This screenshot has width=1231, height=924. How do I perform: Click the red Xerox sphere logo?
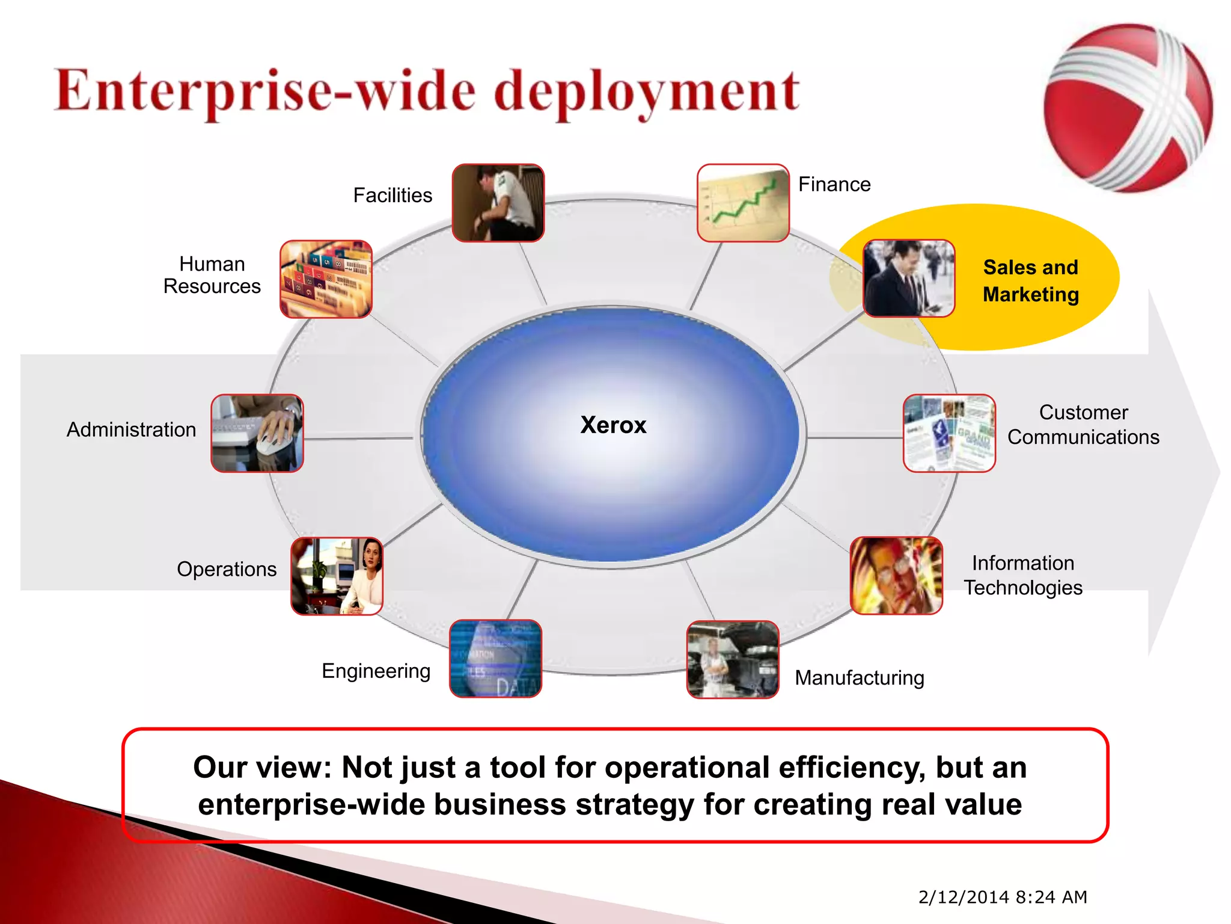[x=1128, y=108]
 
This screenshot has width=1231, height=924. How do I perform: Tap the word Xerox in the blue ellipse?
[x=613, y=425]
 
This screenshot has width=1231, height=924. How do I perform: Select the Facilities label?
[x=393, y=196]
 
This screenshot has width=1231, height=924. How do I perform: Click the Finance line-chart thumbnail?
[x=743, y=203]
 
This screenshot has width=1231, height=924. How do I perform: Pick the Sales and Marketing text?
[x=1030, y=281]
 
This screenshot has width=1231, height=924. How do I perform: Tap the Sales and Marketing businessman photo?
[x=908, y=278]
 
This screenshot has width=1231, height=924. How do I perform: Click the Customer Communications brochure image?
[x=949, y=433]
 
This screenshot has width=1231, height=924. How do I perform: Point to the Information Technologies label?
[x=1023, y=575]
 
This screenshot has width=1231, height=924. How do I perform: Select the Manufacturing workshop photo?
[x=733, y=659]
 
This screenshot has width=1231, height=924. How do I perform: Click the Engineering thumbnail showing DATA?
[x=496, y=659]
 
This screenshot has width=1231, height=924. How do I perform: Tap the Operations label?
[x=227, y=569]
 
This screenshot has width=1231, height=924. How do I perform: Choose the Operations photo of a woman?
[x=337, y=576]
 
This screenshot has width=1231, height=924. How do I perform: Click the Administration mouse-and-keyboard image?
[x=257, y=433]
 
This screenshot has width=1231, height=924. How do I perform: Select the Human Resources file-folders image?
[x=326, y=279]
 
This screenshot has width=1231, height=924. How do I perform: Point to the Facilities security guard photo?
[x=498, y=203]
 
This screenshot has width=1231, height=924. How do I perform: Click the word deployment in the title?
[x=647, y=93]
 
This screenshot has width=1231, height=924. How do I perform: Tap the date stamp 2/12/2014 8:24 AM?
[x=1003, y=897]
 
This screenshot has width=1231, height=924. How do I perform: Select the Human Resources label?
[x=212, y=275]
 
